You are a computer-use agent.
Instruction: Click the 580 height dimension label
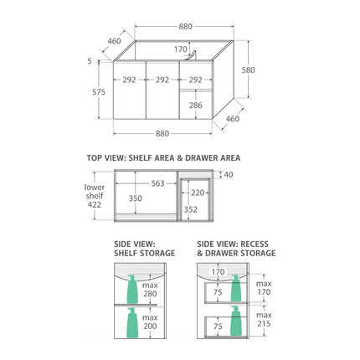[248, 69]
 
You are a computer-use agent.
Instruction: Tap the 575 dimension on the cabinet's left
[99, 92]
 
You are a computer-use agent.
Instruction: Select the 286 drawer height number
[195, 105]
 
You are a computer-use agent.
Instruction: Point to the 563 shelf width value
[157, 183]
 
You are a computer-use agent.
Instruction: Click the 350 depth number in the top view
[136, 198]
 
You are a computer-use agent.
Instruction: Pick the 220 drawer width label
[198, 193]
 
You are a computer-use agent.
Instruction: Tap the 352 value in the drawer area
[191, 209]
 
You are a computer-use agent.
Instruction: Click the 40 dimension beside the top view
[229, 175]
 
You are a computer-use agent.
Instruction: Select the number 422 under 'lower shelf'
[95, 204]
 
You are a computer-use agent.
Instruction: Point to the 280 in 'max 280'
[150, 294]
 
